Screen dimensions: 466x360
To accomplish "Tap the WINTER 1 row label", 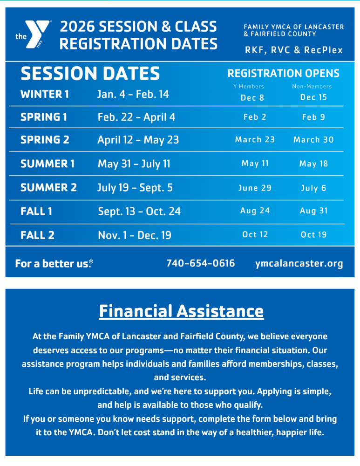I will point(45,94).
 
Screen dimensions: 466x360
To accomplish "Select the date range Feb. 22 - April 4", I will point(136,117).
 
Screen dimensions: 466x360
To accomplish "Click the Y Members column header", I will point(249,87).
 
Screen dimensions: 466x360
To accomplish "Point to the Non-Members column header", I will point(312,87).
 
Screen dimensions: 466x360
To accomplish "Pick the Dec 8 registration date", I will point(252,97).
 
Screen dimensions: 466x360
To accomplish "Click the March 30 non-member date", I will point(313,140).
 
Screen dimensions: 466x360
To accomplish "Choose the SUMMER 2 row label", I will point(48,187).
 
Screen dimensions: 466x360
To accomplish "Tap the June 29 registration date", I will point(255,188).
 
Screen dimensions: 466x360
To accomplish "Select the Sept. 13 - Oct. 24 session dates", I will point(139,212).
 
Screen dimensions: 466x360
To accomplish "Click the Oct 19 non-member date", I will point(314,235).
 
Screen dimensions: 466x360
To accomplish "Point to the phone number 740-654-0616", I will point(201,263).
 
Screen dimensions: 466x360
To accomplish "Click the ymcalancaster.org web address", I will point(299,263).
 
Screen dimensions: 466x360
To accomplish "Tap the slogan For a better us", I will point(54,264).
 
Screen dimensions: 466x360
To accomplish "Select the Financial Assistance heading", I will point(181,311).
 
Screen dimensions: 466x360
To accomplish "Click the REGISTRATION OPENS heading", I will point(283,74).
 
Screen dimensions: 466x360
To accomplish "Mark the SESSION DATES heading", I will point(90,74).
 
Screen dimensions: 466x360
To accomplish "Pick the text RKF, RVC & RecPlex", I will point(294,50).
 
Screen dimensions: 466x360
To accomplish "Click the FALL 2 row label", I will point(37,235).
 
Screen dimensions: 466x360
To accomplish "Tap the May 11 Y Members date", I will point(255,164).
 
